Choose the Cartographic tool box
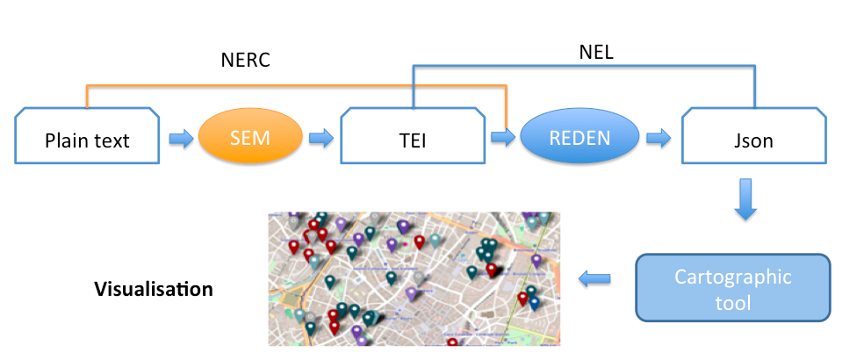point(733,288)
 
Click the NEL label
point(596,52)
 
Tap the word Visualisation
point(153,288)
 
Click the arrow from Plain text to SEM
point(180,138)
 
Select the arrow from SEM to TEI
point(321,138)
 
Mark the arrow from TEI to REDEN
point(503,137)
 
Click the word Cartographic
point(733,277)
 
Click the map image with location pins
point(414,278)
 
